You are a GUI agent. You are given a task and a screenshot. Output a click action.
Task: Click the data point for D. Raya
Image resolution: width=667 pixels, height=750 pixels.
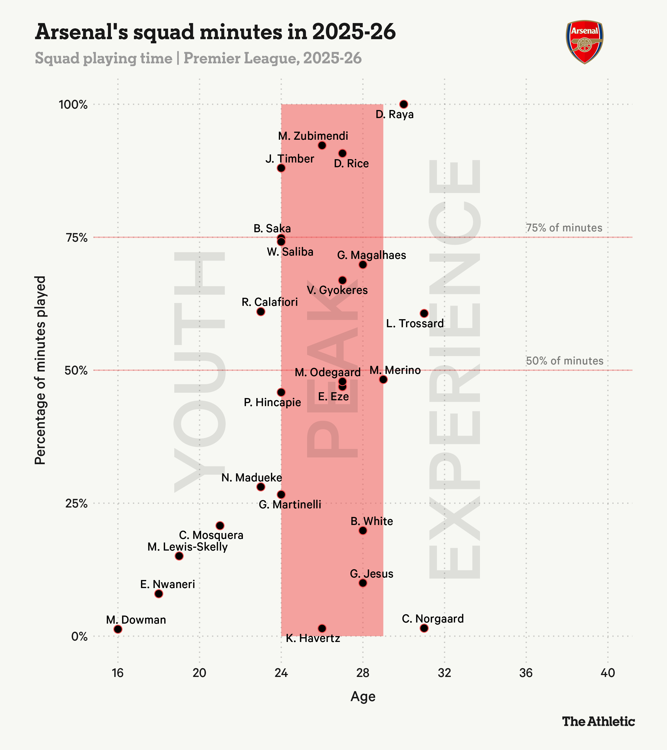tap(404, 104)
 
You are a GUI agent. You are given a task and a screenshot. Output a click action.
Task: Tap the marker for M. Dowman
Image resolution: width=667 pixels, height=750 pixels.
tap(118, 629)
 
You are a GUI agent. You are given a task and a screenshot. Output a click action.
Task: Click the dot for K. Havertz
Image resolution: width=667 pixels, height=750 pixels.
tap(322, 628)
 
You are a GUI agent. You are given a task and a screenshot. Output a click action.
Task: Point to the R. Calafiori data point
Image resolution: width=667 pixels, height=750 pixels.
tap(261, 311)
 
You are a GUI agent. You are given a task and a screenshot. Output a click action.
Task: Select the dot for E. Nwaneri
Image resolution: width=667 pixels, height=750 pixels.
tap(159, 594)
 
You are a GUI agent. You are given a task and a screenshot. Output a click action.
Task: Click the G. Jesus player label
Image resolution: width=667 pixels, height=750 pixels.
tap(372, 574)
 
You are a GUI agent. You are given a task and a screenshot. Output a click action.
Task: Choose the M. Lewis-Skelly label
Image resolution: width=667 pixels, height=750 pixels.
tap(188, 547)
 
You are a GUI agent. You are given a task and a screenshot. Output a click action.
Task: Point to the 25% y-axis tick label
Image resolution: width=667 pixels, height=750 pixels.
tap(76, 503)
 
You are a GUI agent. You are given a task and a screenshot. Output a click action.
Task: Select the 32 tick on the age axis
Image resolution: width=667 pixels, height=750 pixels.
tap(444, 673)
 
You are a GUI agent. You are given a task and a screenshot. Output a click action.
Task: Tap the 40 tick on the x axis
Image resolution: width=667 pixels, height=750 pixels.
tap(608, 673)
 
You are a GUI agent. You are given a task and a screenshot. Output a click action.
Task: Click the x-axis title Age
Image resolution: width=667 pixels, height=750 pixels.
tap(363, 696)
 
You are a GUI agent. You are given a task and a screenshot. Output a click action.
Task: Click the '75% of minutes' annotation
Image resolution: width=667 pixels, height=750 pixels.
tap(564, 228)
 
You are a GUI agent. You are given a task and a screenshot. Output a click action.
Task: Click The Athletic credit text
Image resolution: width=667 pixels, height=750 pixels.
tap(598, 721)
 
